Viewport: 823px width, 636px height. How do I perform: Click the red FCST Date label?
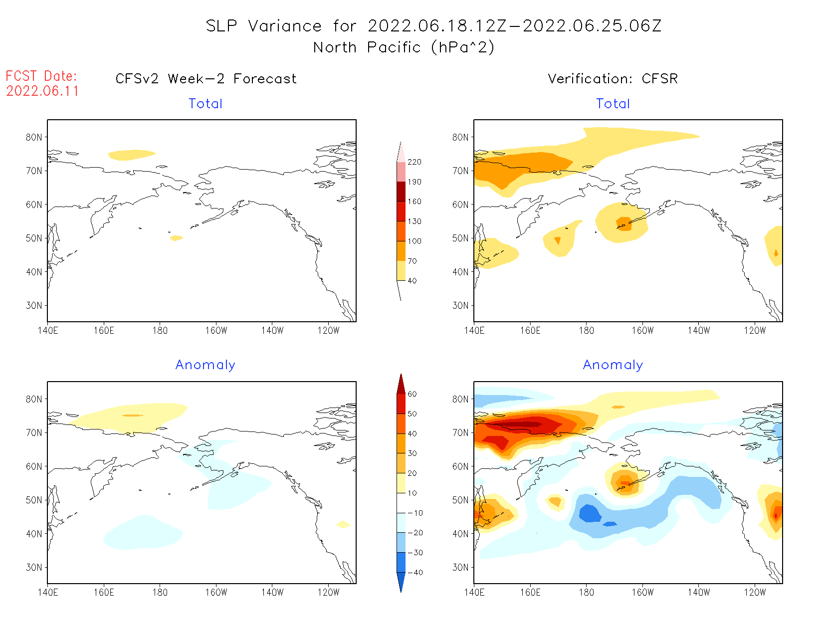41,76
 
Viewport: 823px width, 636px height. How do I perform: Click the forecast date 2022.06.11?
42,91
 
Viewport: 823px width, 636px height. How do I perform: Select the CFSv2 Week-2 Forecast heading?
206,79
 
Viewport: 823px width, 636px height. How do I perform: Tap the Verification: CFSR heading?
613,79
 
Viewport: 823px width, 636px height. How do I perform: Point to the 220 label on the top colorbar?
414,162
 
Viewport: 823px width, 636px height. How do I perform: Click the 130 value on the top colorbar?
414,221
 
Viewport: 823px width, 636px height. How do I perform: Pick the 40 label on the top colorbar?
412,281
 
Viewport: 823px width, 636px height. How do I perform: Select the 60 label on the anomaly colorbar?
412,394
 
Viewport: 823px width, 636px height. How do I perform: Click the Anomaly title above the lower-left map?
205,365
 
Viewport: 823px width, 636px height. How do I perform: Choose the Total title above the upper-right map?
613,104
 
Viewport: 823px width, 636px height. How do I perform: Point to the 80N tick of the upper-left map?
34,137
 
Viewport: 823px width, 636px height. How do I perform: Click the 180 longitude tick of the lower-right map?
586,593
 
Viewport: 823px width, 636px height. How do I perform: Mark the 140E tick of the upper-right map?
474,331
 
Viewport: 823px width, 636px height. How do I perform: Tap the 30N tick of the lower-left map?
34,567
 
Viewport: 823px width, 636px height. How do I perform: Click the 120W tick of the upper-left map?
328,331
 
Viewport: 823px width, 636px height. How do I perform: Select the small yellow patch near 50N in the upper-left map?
176,238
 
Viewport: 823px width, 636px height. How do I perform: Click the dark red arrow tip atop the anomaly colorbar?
401,382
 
